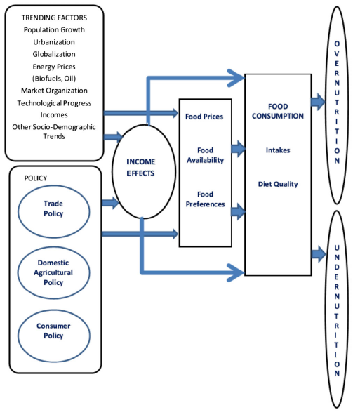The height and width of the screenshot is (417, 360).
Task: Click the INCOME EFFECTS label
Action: tap(140, 168)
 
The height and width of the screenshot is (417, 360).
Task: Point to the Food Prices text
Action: tap(204, 117)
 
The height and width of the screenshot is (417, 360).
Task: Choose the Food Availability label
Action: tap(205, 155)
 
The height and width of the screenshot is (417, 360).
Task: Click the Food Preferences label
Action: tap(205, 199)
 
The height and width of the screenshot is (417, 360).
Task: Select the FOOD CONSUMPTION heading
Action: tap(278, 111)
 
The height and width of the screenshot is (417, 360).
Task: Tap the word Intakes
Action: tap(278, 150)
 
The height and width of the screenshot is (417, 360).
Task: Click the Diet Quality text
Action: tap(278, 184)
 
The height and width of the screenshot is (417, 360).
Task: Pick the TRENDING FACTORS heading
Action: tap(54, 18)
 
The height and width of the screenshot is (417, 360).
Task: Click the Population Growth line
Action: tap(54, 29)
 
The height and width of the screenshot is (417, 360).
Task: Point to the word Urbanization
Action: tap(54, 42)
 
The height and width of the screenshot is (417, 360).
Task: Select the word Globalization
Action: tap(54, 54)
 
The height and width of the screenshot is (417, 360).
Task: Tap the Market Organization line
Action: tap(54, 91)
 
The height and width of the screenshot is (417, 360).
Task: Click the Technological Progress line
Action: tap(54, 103)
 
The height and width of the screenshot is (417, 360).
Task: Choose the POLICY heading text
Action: tap(36, 178)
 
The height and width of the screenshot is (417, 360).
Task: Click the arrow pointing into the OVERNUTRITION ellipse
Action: tap(318, 102)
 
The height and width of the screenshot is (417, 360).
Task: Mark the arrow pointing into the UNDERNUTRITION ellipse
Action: tap(319, 254)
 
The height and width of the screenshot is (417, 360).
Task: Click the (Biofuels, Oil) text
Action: tap(54, 79)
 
